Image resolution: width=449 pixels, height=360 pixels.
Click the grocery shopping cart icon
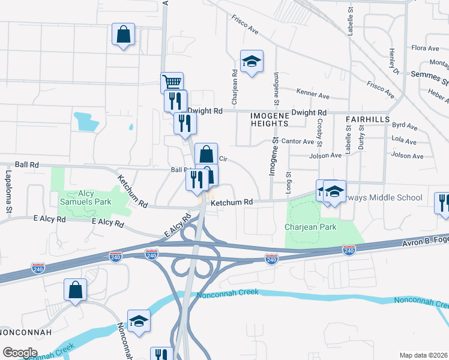coord(172,82)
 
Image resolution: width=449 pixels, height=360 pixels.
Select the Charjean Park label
coord(310,227)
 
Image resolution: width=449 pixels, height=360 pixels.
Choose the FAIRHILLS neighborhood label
coord(368,119)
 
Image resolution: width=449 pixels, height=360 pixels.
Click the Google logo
coord(20,352)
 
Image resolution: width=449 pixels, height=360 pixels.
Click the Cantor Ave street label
coord(298,142)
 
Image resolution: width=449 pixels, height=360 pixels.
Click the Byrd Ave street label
coord(404,126)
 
